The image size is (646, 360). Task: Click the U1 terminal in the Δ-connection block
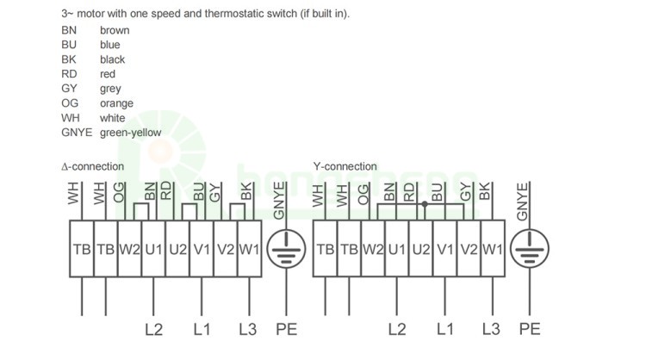tap(153, 249)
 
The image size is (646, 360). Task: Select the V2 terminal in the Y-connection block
tap(469, 249)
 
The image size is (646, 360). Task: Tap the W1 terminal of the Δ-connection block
tap(249, 249)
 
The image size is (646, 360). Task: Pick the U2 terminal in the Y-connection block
tap(421, 249)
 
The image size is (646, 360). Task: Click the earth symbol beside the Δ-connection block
tap(286, 249)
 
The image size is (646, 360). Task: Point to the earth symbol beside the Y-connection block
tap(530, 249)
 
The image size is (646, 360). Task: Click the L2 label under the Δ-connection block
tap(153, 330)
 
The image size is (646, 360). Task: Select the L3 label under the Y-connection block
tap(491, 329)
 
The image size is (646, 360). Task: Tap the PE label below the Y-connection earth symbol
tap(530, 329)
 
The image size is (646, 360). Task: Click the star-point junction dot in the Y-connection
tap(425, 204)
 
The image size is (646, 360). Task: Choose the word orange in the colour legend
tap(116, 103)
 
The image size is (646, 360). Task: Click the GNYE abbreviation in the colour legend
tap(77, 133)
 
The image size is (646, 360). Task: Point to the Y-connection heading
tap(345, 166)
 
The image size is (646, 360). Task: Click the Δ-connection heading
tap(93, 166)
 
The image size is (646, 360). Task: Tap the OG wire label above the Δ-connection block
tap(119, 193)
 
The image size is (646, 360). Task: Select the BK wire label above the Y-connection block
tap(485, 191)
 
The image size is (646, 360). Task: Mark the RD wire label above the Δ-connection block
tap(165, 191)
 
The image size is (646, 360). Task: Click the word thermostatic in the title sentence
tap(234, 14)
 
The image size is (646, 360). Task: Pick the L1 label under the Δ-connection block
tap(202, 330)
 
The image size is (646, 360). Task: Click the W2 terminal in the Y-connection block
tap(373, 249)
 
